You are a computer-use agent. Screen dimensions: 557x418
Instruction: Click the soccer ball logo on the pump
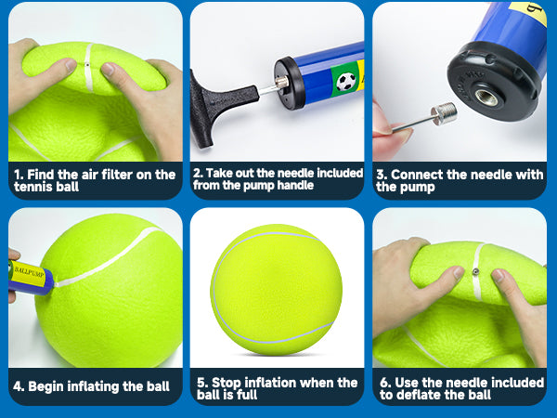pyautogui.click(x=345, y=82)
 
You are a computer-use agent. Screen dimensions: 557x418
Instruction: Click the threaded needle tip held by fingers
pyautogui.click(x=444, y=113)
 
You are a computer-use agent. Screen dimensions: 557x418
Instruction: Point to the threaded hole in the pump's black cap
pyautogui.click(x=486, y=98)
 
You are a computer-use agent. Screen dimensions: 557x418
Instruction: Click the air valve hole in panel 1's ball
pyautogui.click(x=87, y=65)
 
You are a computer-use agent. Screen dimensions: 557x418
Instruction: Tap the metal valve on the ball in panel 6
pyautogui.click(x=475, y=272)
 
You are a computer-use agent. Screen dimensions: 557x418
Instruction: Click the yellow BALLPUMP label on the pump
pyautogui.click(x=29, y=273)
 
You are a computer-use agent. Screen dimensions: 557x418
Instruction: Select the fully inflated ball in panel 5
pyautogui.click(x=277, y=290)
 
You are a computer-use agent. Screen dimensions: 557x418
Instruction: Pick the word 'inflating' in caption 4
pyautogui.click(x=93, y=386)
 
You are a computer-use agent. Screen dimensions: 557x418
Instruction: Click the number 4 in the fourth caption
pyautogui.click(x=18, y=386)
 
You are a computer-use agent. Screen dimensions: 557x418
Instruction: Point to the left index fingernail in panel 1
pyautogui.click(x=71, y=65)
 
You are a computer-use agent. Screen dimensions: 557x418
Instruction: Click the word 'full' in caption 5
pyautogui.click(x=247, y=395)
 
